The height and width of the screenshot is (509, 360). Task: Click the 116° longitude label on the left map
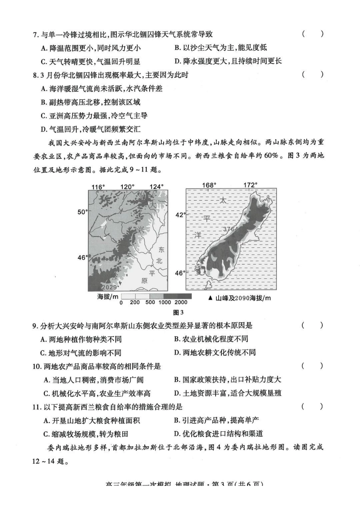pyautogui.click(x=98, y=187)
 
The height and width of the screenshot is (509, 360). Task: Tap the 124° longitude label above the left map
pyautogui.click(x=157, y=187)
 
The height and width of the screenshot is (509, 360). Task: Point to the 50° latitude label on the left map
pyautogui.click(x=82, y=212)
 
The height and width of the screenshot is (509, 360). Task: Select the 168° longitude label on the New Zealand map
pyautogui.click(x=209, y=185)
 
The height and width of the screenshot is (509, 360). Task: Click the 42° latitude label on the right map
pyautogui.click(x=180, y=215)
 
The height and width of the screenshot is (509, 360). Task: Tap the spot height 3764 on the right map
pyautogui.click(x=231, y=229)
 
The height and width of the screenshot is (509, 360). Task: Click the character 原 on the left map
pyautogui.click(x=144, y=281)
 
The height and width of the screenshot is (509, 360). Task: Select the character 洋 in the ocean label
pyautogui.click(x=198, y=235)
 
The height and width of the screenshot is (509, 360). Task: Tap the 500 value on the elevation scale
pyautogui.click(x=150, y=302)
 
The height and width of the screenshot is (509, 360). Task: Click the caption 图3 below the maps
pyautogui.click(x=178, y=312)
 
